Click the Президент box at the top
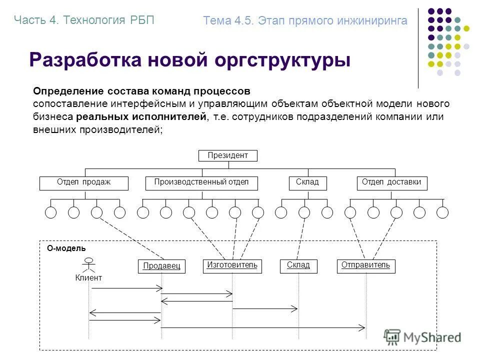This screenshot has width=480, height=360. [x=227, y=155]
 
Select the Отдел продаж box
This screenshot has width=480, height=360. [x=83, y=183]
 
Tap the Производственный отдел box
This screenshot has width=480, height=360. [x=201, y=183]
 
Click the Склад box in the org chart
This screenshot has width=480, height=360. [x=307, y=183]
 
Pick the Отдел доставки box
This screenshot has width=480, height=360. [x=391, y=183]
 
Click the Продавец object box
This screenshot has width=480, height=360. [x=161, y=266]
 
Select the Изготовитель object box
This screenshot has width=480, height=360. [x=232, y=265]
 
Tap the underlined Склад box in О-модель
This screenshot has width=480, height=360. [x=298, y=265]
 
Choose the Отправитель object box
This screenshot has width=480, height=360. [x=365, y=265]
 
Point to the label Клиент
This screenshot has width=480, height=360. [x=88, y=278]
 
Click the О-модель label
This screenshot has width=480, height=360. [x=66, y=248]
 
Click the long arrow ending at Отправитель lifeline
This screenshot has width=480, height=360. [x=263, y=327]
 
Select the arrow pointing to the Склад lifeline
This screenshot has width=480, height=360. [x=265, y=309]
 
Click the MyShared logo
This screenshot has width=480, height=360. [x=422, y=337]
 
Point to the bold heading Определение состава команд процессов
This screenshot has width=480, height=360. [x=141, y=91]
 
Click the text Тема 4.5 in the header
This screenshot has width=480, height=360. [x=228, y=21]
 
